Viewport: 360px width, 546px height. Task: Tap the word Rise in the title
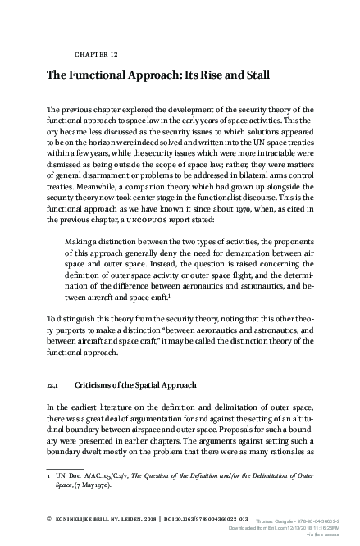[x=203, y=75]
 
